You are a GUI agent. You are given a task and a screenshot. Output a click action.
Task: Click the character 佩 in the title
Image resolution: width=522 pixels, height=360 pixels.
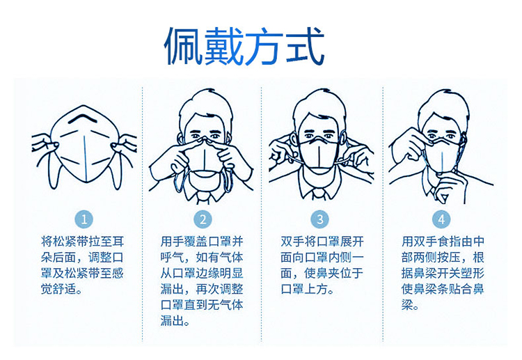click(184, 46)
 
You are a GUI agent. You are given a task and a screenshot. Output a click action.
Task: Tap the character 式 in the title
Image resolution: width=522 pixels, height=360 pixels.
click(305, 46)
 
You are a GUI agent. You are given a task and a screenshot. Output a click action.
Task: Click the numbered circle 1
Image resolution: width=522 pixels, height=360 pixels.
click(84, 219)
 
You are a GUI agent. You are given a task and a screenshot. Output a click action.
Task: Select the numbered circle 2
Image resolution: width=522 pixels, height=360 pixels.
click(203, 219)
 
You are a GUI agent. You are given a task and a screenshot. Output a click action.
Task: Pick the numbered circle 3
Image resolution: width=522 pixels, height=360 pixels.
click(320, 219)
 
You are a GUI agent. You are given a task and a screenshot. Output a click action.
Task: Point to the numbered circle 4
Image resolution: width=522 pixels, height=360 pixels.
click(441, 219)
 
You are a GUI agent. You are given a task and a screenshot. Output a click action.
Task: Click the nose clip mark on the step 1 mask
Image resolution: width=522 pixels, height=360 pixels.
click(84, 118)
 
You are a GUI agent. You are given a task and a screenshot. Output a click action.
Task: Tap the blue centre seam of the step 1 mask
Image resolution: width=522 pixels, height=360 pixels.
click(85, 157)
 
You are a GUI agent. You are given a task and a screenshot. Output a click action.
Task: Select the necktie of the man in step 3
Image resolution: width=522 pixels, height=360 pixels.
click(319, 194)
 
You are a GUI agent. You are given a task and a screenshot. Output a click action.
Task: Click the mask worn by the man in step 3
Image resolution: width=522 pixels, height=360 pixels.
click(319, 154)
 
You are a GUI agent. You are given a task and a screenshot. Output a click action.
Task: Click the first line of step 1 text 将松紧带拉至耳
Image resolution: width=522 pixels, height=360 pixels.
click(83, 242)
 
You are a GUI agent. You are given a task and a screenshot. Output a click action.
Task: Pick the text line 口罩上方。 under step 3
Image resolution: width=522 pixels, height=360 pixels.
click(307, 289)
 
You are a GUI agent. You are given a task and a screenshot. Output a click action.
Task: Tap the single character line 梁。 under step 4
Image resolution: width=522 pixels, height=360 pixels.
click(410, 305)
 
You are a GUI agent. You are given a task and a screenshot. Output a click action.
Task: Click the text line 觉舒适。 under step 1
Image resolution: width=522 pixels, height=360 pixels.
click(62, 289)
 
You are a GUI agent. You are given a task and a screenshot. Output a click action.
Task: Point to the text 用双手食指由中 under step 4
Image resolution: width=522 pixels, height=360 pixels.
click(443, 242)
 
